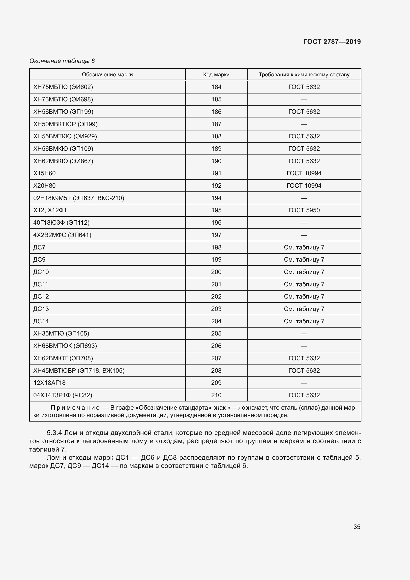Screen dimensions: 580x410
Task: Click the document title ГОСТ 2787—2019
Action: coord(332,42)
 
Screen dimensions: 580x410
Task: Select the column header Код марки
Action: coord(216,75)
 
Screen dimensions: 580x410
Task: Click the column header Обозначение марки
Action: coord(107,75)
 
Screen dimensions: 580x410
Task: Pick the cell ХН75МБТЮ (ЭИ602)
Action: coord(63,87)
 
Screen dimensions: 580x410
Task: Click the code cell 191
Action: coord(216,173)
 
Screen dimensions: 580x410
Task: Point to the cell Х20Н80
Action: coord(44,186)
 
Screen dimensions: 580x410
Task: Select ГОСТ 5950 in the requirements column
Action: coord(304,210)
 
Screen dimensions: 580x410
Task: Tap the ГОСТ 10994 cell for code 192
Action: coord(304,186)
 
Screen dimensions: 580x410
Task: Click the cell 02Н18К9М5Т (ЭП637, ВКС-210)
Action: coord(79,198)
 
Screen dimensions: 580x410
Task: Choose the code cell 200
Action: coord(216,272)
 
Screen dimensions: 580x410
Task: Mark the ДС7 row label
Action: coord(39,247)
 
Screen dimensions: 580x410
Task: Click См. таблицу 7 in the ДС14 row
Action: coord(304,321)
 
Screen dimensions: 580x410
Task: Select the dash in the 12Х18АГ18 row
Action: coord(304,383)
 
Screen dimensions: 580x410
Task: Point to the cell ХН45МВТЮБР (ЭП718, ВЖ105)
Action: coord(79,370)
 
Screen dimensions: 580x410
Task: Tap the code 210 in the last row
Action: coord(216,395)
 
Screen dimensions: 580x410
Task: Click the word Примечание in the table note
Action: coord(75,408)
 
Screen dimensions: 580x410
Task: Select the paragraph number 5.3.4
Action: coord(54,433)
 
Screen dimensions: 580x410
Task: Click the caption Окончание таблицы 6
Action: coord(62,61)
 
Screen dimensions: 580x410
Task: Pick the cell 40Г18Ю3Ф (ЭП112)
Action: coord(61,222)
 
